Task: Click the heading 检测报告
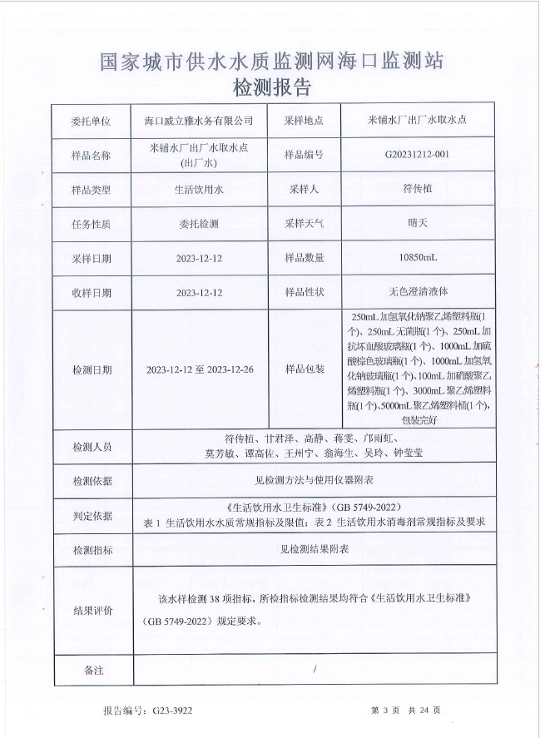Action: pyautogui.click(x=271, y=87)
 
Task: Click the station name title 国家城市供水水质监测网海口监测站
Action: pyautogui.click(x=271, y=61)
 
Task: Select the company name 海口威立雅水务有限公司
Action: pyautogui.click(x=199, y=121)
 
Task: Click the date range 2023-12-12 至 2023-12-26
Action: pyautogui.click(x=199, y=369)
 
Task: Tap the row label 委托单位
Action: pyautogui.click(x=91, y=121)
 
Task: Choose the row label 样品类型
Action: pyautogui.click(x=91, y=190)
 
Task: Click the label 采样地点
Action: pyautogui.click(x=304, y=121)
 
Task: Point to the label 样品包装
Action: pyautogui.click(x=304, y=369)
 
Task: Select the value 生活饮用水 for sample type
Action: pyautogui.click(x=199, y=190)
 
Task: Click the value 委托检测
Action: pyautogui.click(x=199, y=224)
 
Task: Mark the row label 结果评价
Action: pyautogui.click(x=91, y=611)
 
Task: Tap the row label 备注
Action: pyautogui.click(x=91, y=669)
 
